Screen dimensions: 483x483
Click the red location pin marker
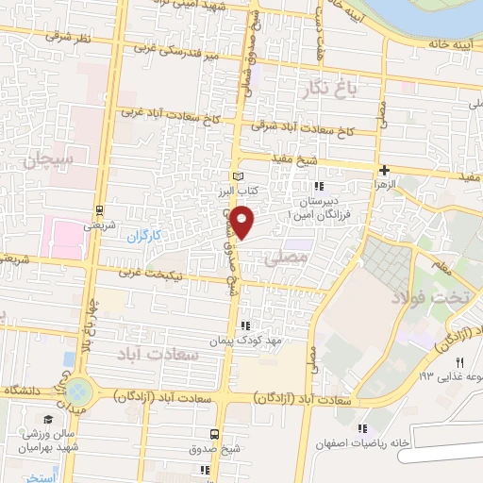(243, 223)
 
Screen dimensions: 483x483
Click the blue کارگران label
(146, 236)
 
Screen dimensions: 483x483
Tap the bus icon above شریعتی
(99, 210)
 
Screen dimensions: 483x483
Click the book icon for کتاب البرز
(237, 175)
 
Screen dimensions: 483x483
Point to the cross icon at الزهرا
(384, 170)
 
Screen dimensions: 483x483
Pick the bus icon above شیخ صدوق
(216, 434)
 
